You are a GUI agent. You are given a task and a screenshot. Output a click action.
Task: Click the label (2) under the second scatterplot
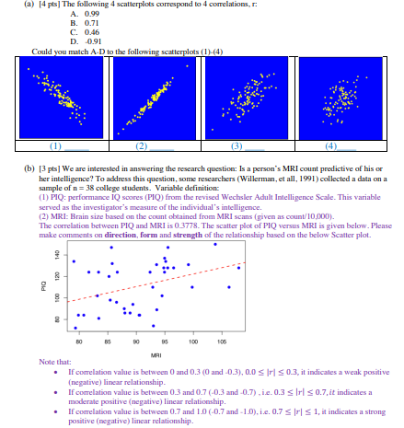(x=141, y=145)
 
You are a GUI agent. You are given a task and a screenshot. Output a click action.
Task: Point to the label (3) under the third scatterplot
(x=237, y=145)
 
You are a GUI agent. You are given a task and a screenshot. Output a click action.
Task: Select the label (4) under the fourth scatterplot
(x=329, y=145)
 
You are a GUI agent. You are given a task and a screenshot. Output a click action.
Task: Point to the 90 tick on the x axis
(x=136, y=341)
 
